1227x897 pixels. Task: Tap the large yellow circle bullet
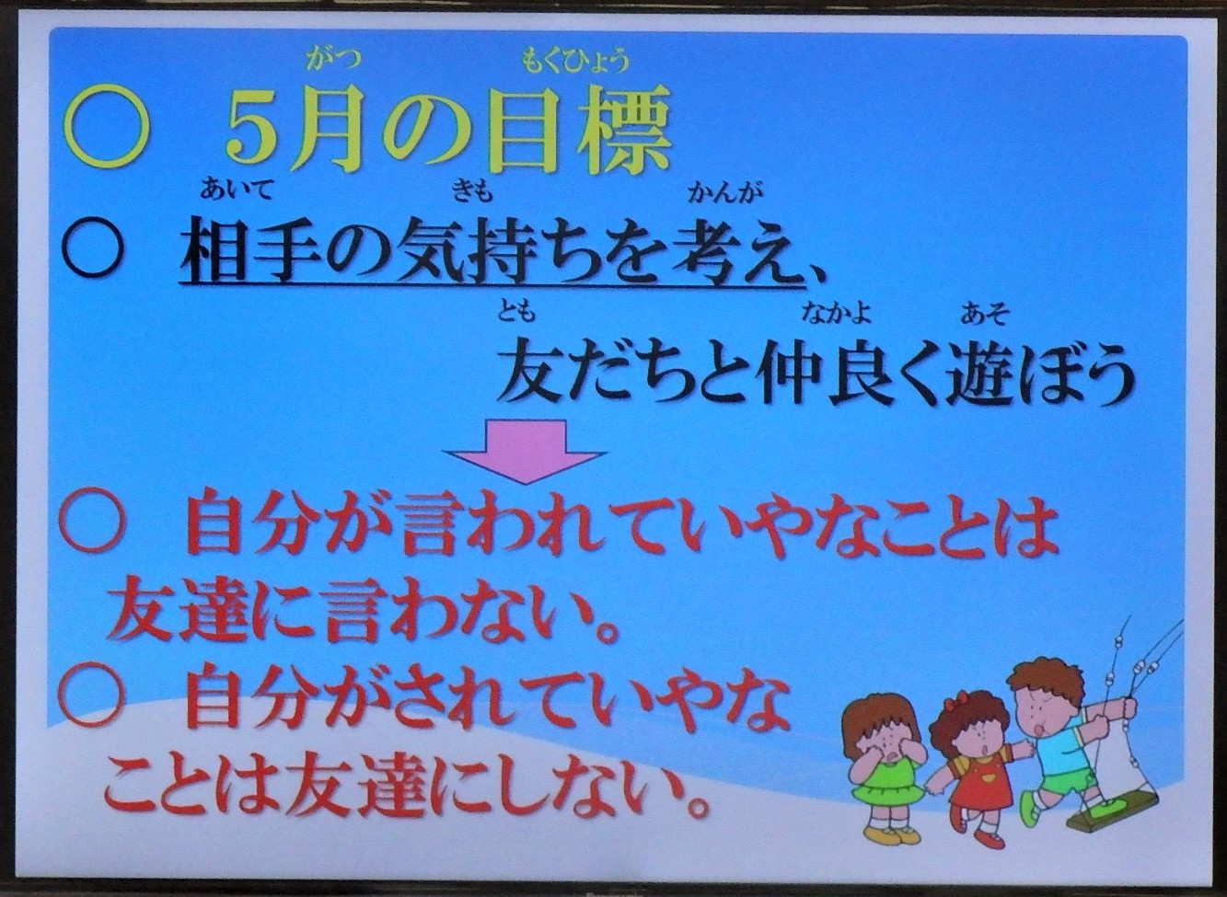[x=106, y=129]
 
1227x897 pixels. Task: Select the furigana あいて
[x=236, y=190]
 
